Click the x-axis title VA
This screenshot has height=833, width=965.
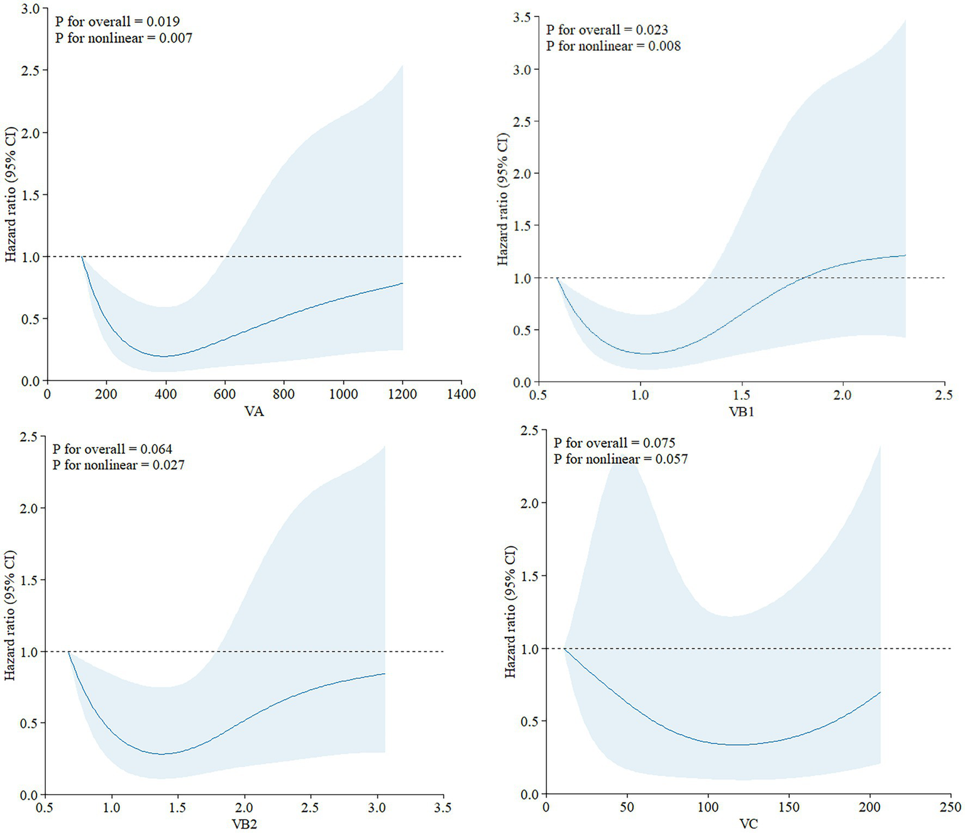pos(254,412)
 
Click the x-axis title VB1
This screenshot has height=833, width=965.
pos(741,412)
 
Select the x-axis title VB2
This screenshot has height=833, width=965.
pos(244,824)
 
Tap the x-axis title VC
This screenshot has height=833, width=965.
pos(748,824)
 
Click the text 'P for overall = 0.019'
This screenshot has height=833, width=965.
pos(118,21)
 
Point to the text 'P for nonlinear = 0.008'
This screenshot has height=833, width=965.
pos(613,46)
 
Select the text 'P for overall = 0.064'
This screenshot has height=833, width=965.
pos(112,449)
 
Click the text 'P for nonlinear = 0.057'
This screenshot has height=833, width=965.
pos(620,459)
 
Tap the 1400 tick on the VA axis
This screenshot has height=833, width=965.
pos(461,394)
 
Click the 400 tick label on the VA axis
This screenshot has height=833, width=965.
pos(165,394)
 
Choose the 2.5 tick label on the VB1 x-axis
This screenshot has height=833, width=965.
pos(944,395)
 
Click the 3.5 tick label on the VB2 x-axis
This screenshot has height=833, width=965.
pos(443,807)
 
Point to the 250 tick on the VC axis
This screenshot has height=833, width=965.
pos(951,807)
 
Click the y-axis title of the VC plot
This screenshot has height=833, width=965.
pos(510,611)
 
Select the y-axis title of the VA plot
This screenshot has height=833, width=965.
pos(11,194)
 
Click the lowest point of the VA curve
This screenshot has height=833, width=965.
pos(165,356)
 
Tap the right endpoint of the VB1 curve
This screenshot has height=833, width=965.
pos(905,255)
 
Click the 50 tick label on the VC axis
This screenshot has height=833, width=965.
pos(627,807)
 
